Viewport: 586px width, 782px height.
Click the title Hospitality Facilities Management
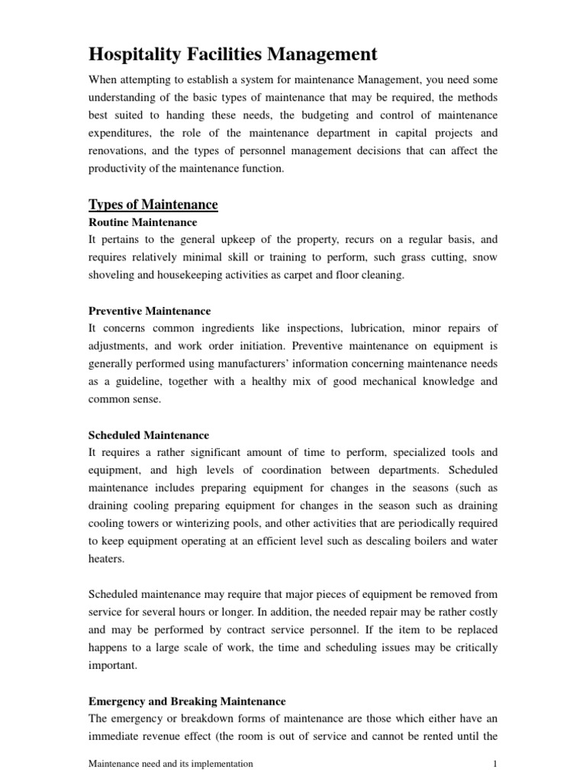(233, 54)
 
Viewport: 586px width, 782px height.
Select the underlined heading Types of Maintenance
(153, 205)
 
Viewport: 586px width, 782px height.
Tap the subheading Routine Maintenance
(143, 222)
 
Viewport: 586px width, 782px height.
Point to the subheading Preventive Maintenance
(150, 311)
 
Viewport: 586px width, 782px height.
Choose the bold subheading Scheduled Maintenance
(149, 435)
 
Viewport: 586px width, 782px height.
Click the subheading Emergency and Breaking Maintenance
(187, 700)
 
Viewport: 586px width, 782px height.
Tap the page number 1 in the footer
(495, 763)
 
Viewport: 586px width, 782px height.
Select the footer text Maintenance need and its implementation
(171, 763)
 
